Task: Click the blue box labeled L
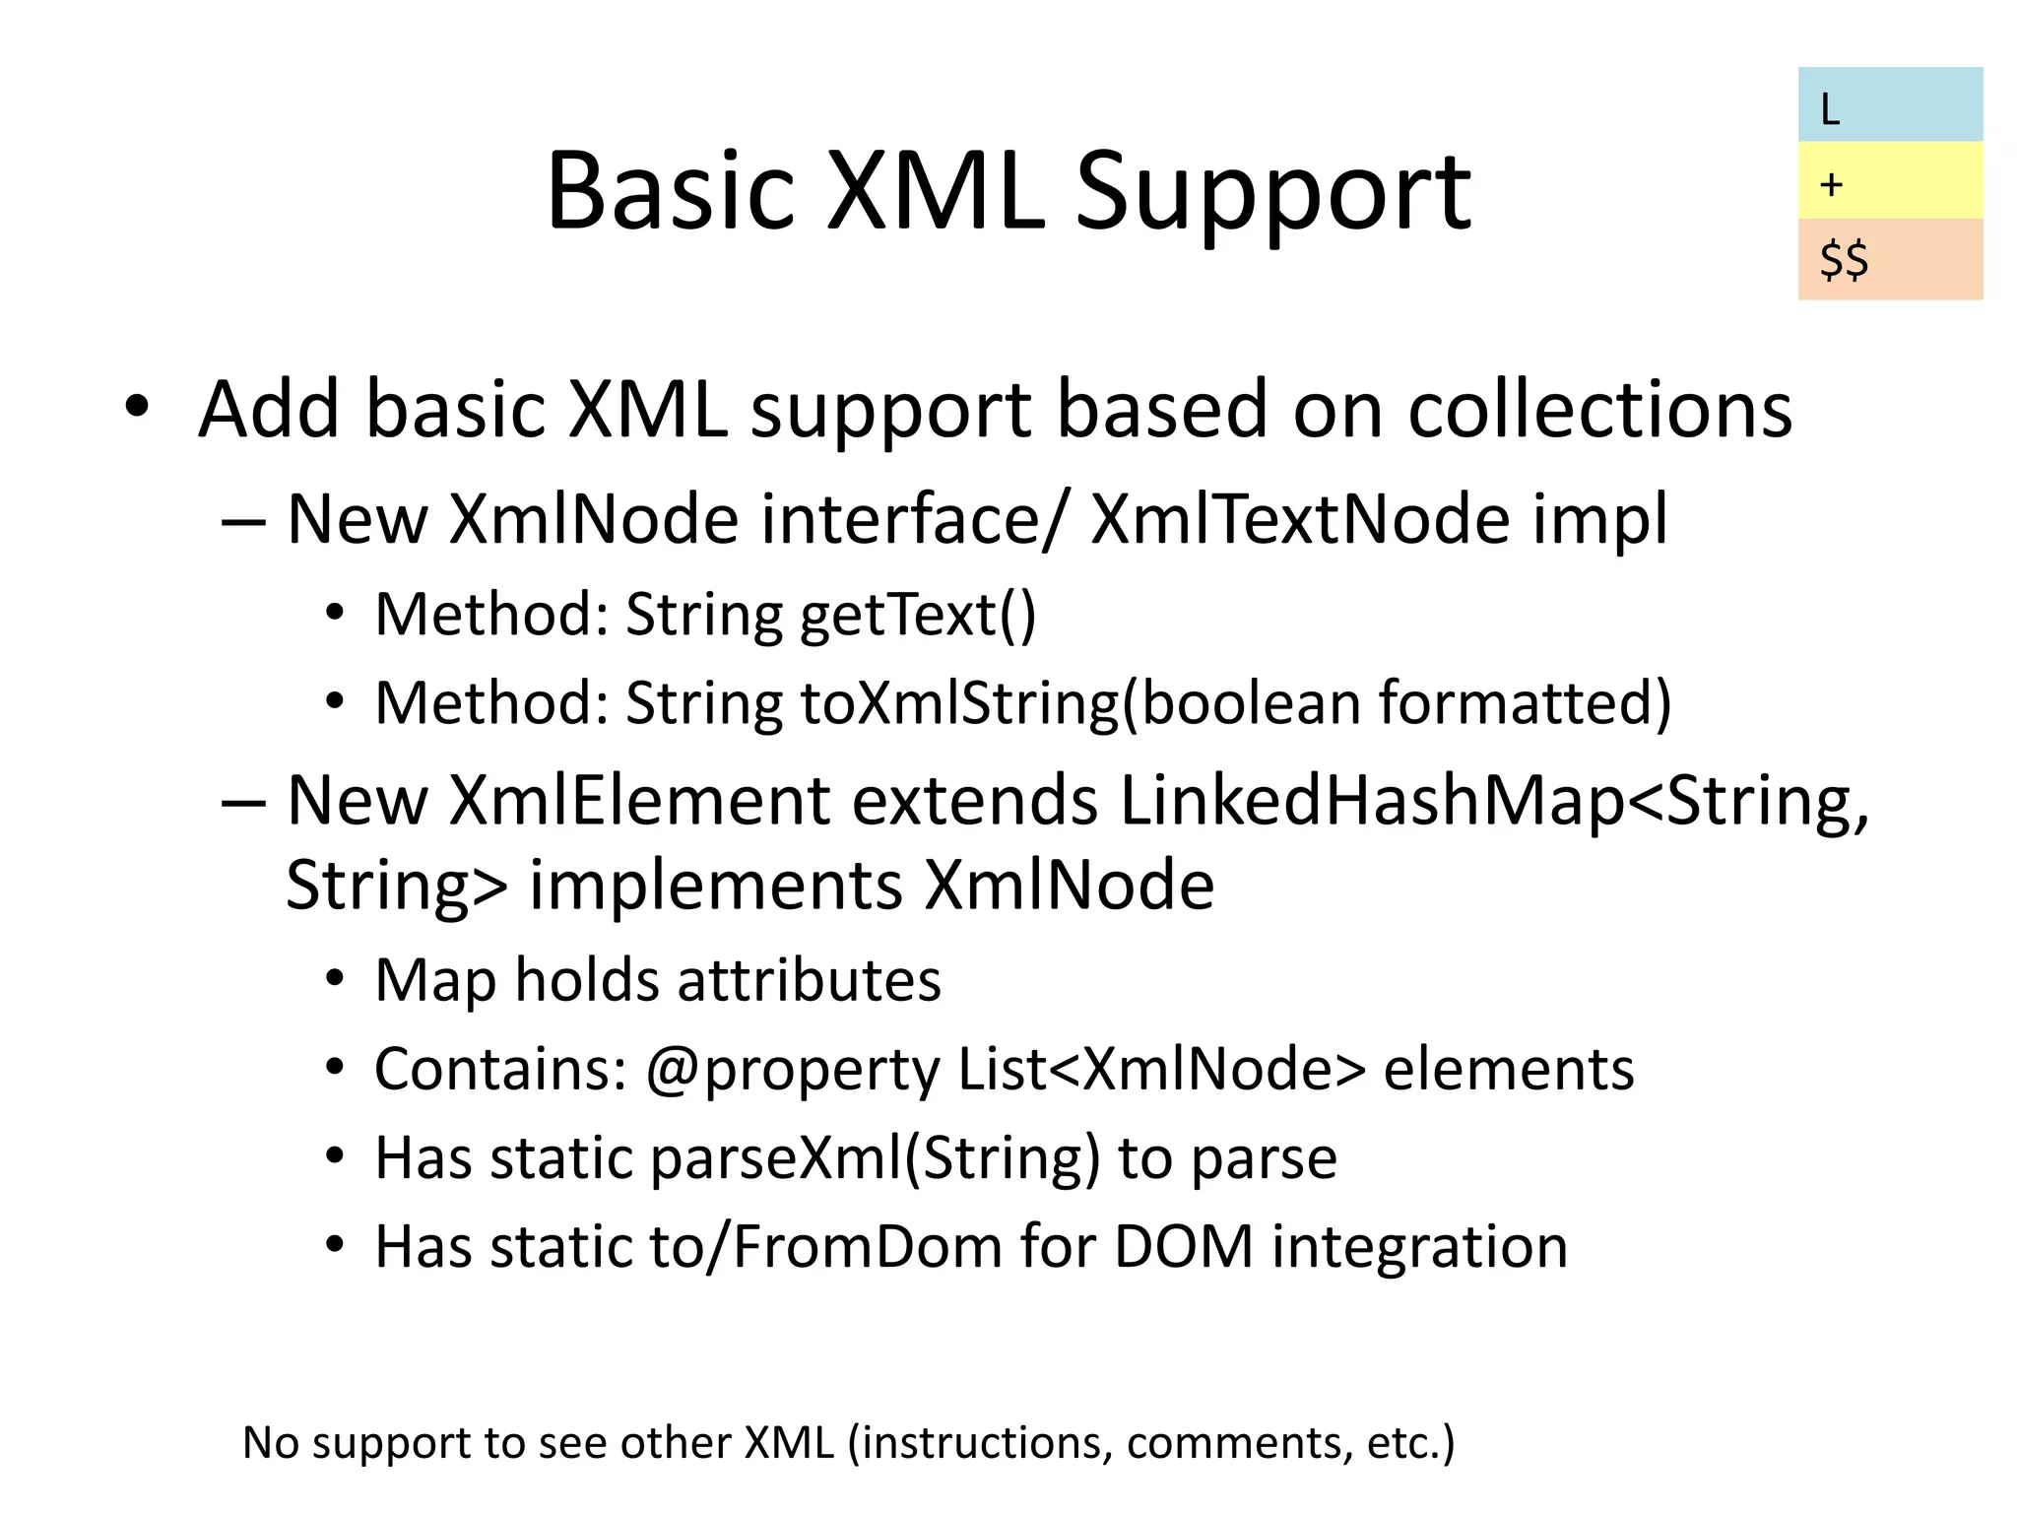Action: point(1889,105)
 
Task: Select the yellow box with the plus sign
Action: point(1889,181)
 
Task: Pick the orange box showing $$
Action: point(1889,259)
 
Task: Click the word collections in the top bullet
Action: point(1599,410)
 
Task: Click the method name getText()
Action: point(918,616)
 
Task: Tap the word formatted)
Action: point(1525,703)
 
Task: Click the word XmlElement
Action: point(640,800)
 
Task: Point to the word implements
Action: point(715,886)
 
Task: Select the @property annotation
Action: point(793,1070)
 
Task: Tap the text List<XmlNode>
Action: point(1162,1070)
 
